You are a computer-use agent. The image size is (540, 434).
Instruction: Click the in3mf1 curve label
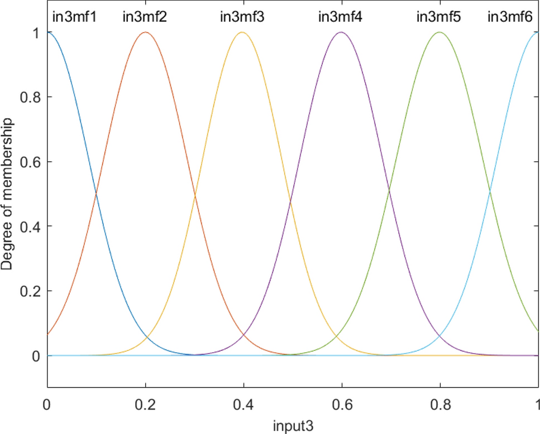[x=75, y=16]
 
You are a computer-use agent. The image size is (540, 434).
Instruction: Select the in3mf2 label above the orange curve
[x=145, y=16]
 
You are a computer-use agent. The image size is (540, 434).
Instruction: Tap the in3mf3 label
[x=242, y=16]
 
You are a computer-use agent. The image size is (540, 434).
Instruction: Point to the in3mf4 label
[x=340, y=16]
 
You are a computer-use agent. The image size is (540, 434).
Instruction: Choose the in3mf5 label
[x=438, y=16]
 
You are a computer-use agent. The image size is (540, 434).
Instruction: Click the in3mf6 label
[x=510, y=16]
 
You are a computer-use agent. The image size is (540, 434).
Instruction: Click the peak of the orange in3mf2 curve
[x=145, y=32]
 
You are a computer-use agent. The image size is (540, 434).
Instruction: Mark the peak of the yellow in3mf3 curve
[x=242, y=32]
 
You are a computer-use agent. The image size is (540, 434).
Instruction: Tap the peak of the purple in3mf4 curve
[x=341, y=32]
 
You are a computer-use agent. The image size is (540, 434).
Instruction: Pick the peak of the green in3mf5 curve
[x=439, y=32]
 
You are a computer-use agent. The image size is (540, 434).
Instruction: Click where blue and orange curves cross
[x=97, y=193]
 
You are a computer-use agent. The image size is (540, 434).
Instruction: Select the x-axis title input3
[x=292, y=426]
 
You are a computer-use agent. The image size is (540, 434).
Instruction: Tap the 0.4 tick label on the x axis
[x=243, y=403]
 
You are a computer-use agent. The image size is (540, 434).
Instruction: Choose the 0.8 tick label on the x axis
[x=439, y=403]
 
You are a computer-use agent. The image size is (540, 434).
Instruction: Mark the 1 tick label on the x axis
[x=537, y=403]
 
